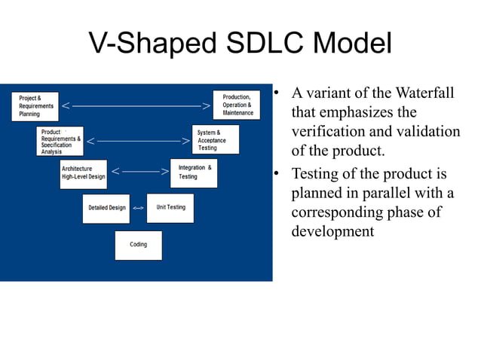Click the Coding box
tap(138, 245)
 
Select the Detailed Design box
tap(106, 208)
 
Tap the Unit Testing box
tap(170, 208)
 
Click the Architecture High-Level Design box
tap(83, 173)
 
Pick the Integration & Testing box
tap(194, 172)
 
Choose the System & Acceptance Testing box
tap(216, 140)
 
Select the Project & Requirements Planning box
tap(36, 106)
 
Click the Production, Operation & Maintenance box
tap(237, 105)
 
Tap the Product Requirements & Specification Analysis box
tap(60, 141)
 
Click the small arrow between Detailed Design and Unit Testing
tap(138, 208)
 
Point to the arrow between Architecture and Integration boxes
tap(139, 172)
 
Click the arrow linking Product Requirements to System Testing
tap(138, 141)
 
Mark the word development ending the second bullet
tap(332, 231)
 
